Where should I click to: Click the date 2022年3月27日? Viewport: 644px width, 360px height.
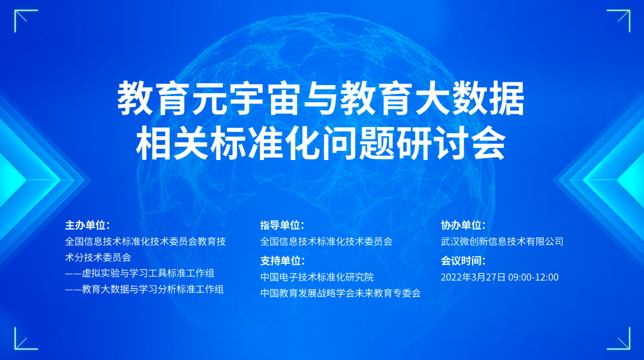click(x=473, y=277)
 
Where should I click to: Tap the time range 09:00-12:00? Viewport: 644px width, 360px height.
click(x=534, y=277)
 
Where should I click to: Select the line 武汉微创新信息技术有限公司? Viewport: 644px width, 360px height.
click(x=502, y=242)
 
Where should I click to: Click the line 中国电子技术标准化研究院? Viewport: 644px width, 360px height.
click(x=317, y=277)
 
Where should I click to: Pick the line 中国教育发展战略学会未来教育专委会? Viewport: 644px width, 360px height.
click(x=340, y=293)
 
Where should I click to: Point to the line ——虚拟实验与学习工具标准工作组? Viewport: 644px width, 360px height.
click(x=140, y=273)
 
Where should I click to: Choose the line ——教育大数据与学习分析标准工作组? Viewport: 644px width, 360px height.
click(x=144, y=289)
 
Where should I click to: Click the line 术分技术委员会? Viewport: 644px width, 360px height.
click(x=98, y=257)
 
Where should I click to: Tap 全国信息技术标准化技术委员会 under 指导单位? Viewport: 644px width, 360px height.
click(x=326, y=242)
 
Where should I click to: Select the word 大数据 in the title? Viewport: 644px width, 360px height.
click(x=470, y=99)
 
